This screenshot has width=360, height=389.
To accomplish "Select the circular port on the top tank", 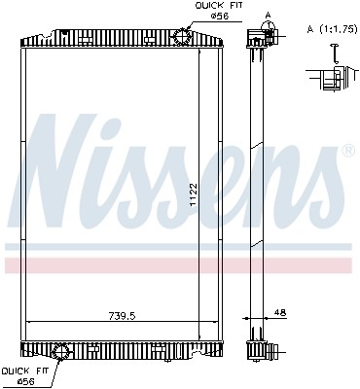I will click(x=182, y=37).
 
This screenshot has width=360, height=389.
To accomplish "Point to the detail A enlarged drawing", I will click(x=329, y=76).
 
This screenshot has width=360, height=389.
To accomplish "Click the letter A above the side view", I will click(x=267, y=15).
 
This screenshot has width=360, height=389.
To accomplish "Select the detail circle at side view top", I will click(x=260, y=38).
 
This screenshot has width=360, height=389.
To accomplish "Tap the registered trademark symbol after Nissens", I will click(x=348, y=152).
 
